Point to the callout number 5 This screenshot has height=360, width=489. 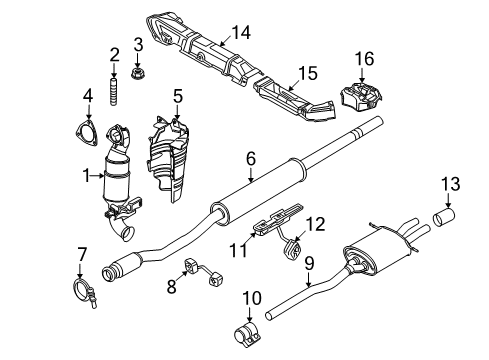[x=177, y=96]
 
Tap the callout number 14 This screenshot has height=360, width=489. [x=241, y=33]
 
